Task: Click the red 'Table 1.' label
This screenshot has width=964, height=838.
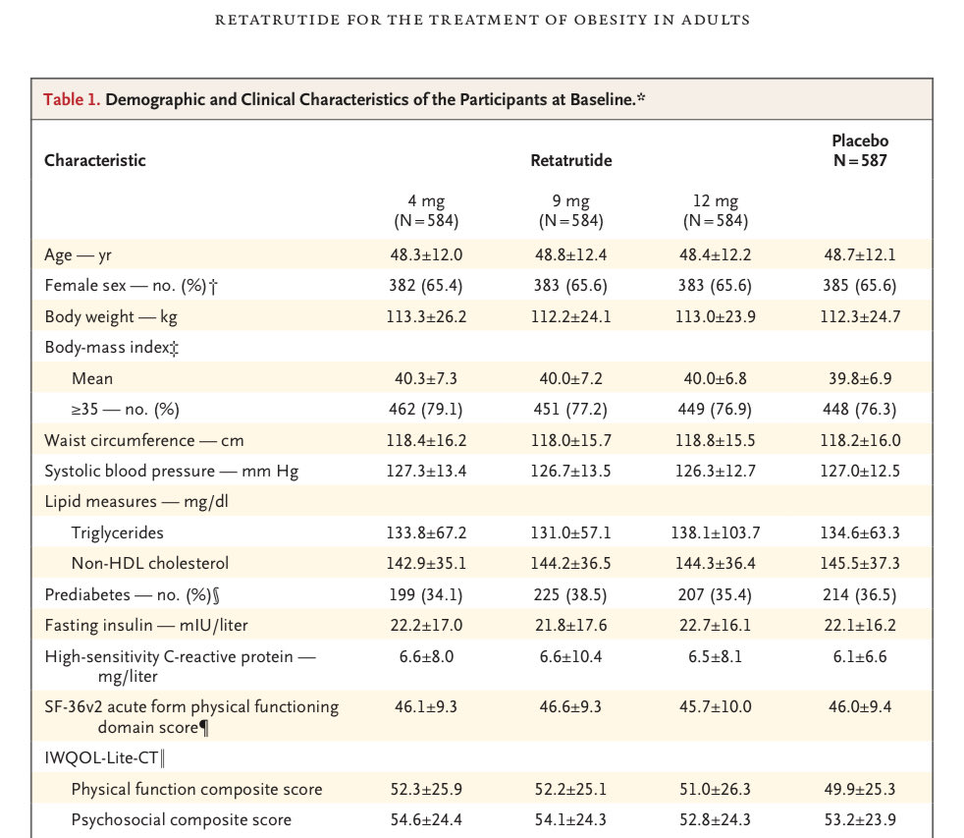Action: point(72,99)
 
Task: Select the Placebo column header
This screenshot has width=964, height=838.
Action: point(860,150)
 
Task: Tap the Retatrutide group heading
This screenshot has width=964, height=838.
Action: point(571,160)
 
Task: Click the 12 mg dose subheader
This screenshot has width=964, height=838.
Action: point(716,210)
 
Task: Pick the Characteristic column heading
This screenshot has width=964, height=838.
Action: point(94,160)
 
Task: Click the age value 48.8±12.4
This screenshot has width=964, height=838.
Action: point(570,254)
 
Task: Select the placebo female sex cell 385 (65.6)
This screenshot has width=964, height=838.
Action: point(860,286)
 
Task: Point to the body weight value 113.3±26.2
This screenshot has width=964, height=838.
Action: point(426,317)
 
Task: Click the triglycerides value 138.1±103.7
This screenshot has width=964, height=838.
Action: point(716,532)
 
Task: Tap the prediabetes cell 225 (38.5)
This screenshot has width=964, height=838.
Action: point(570,595)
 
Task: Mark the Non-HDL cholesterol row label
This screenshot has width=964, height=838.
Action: point(150,563)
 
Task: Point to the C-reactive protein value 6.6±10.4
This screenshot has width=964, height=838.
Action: point(570,656)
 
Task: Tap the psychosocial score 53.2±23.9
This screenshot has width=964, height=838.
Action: point(860,819)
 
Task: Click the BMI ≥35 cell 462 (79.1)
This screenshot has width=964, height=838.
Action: point(425,409)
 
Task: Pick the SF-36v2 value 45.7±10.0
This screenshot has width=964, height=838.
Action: point(716,706)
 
